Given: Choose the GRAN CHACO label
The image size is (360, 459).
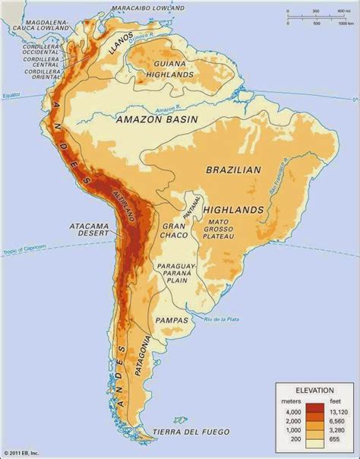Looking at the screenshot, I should click(x=172, y=233).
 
